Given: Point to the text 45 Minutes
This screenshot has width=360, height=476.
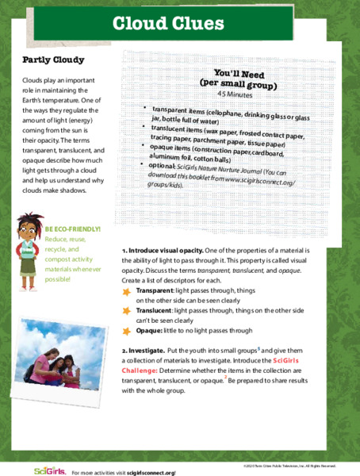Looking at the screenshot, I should [x=239, y=94].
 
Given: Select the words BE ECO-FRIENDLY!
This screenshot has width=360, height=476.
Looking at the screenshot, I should [x=73, y=228].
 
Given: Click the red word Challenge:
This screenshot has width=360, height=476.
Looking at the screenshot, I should [x=143, y=370].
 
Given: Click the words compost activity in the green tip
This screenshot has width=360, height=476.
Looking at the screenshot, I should [x=72, y=259].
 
